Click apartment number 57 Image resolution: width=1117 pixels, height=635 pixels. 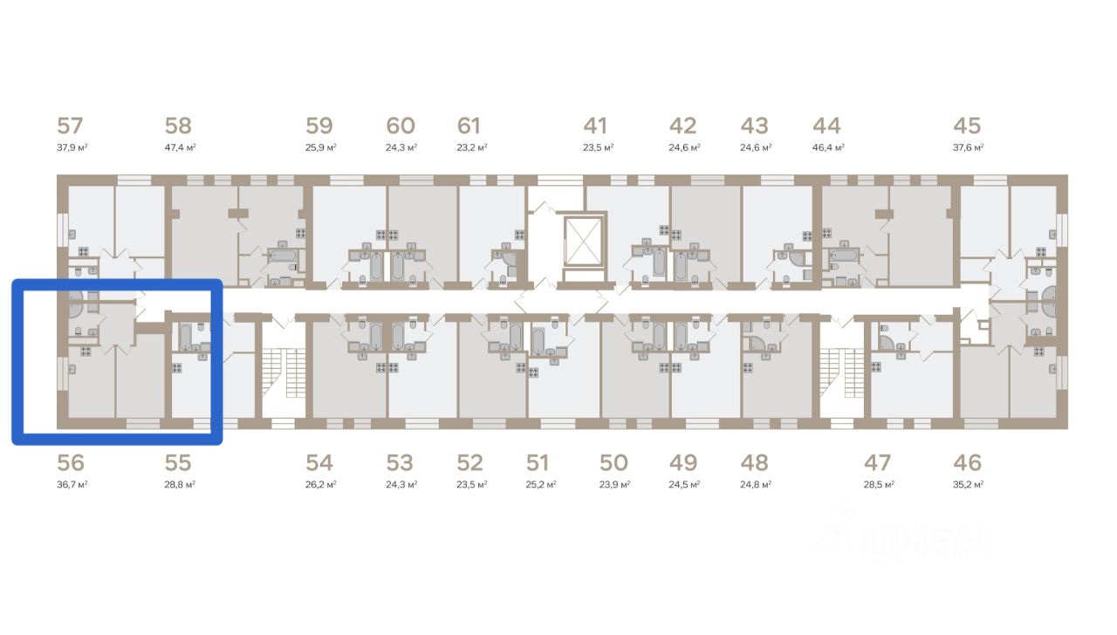point(70,126)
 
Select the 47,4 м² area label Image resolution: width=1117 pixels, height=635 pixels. point(180,147)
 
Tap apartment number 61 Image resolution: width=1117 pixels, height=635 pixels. point(469,126)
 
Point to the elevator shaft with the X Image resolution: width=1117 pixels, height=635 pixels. point(581,241)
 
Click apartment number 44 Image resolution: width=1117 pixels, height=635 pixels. point(826,126)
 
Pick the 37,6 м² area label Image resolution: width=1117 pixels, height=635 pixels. point(969,147)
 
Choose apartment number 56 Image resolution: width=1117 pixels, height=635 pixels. point(71,463)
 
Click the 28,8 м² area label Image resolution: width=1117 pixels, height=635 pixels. point(180,484)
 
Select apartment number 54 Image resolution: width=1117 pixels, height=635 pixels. point(319,463)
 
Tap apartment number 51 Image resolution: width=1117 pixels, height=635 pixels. point(538,463)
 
